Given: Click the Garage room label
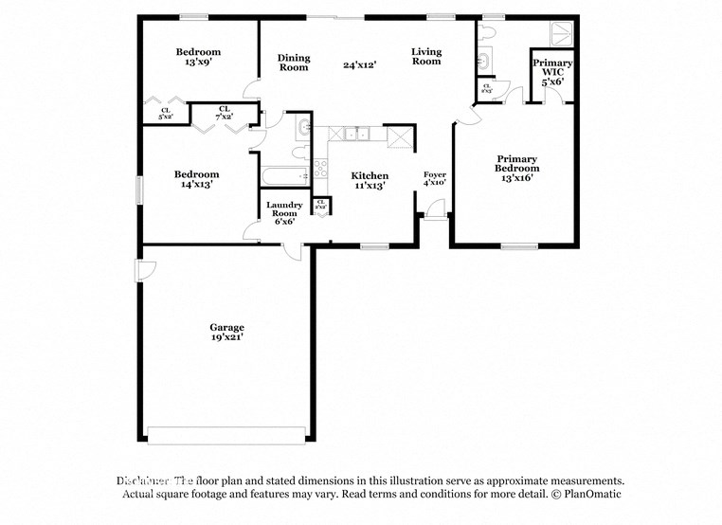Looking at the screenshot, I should (x=226, y=327).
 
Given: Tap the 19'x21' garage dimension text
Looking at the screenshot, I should (x=226, y=337).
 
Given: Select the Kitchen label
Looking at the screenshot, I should (x=370, y=175).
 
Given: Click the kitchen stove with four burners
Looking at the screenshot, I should (x=320, y=169).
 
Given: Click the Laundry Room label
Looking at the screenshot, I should (x=284, y=206).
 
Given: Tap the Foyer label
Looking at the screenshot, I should (x=434, y=174).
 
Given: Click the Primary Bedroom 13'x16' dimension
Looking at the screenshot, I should (x=516, y=178).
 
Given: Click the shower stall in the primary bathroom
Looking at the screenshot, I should (x=552, y=33).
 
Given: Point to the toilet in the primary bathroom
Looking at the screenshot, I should (x=488, y=31).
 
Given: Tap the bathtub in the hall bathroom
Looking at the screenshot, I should (x=285, y=174).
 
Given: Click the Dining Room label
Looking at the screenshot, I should (x=294, y=63).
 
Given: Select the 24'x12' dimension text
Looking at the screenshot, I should (x=360, y=65).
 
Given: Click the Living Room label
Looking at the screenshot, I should (x=426, y=56).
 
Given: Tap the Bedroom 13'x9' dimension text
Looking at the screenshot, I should (x=198, y=63).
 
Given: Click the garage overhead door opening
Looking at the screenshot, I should (x=226, y=435).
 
